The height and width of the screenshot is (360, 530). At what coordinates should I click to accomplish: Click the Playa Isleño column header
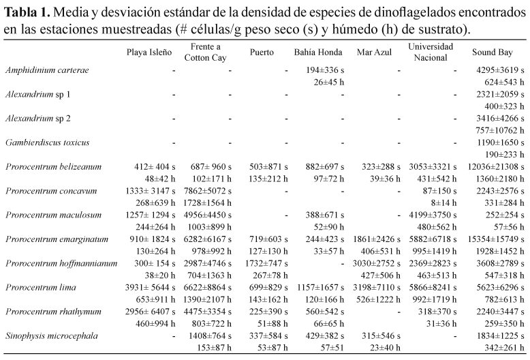point(148,52)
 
